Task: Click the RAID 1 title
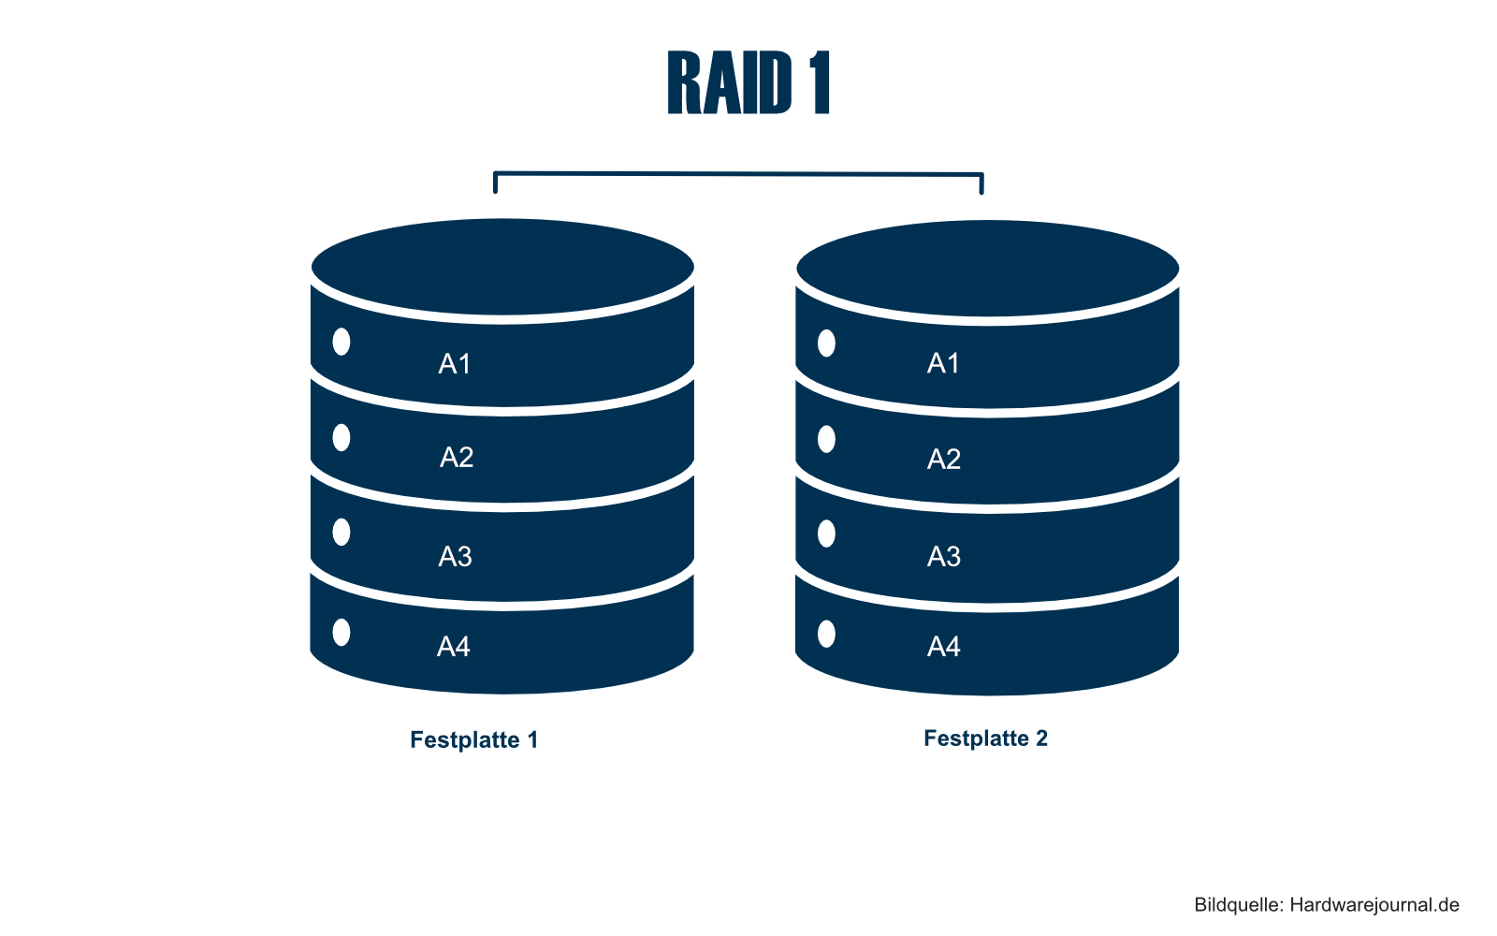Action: [x=748, y=83]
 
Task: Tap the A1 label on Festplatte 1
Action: [x=455, y=363]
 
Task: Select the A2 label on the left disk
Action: [x=457, y=457]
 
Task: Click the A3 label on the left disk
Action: [x=455, y=556]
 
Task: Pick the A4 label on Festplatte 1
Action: [x=454, y=646]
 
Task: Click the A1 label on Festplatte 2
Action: [x=943, y=363]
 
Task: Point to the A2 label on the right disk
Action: [x=943, y=459]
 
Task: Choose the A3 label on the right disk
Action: [x=943, y=556]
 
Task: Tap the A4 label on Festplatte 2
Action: [x=943, y=646]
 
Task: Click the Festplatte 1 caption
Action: [x=473, y=739]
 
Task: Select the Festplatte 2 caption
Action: [x=985, y=738]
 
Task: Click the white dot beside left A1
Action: [x=342, y=342]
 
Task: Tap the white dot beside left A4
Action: [x=342, y=633]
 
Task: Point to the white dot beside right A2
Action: [x=826, y=439]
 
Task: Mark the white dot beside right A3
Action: [x=826, y=534]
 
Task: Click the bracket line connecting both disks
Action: [x=738, y=173]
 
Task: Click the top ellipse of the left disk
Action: [x=502, y=267]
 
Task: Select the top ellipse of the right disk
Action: [x=987, y=269]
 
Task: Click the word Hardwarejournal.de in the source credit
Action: [x=1373, y=904]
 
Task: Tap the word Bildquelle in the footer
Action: [x=1237, y=904]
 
